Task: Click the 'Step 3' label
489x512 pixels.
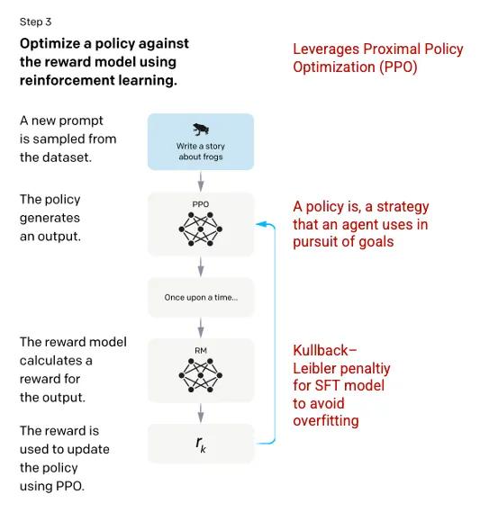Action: (35, 22)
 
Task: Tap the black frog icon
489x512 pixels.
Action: (200, 130)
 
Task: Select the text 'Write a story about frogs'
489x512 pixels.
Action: (201, 151)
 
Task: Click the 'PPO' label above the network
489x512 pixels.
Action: (200, 204)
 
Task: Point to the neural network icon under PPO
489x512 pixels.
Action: (200, 229)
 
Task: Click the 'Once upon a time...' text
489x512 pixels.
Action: (201, 297)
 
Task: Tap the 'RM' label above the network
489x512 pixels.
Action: (201, 350)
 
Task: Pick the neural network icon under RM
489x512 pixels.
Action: (200, 375)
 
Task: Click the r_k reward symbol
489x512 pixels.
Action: (201, 445)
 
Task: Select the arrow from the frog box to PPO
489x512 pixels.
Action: (201, 182)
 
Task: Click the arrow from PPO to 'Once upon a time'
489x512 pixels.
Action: (201, 266)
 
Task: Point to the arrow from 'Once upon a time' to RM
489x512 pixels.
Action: (201, 328)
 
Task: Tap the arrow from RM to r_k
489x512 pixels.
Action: (201, 413)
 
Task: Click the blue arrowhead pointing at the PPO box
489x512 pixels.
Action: (260, 224)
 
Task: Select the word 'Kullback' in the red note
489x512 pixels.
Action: (321, 350)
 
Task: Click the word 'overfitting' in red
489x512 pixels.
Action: (326, 420)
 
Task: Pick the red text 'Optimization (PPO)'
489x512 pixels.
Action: (355, 67)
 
